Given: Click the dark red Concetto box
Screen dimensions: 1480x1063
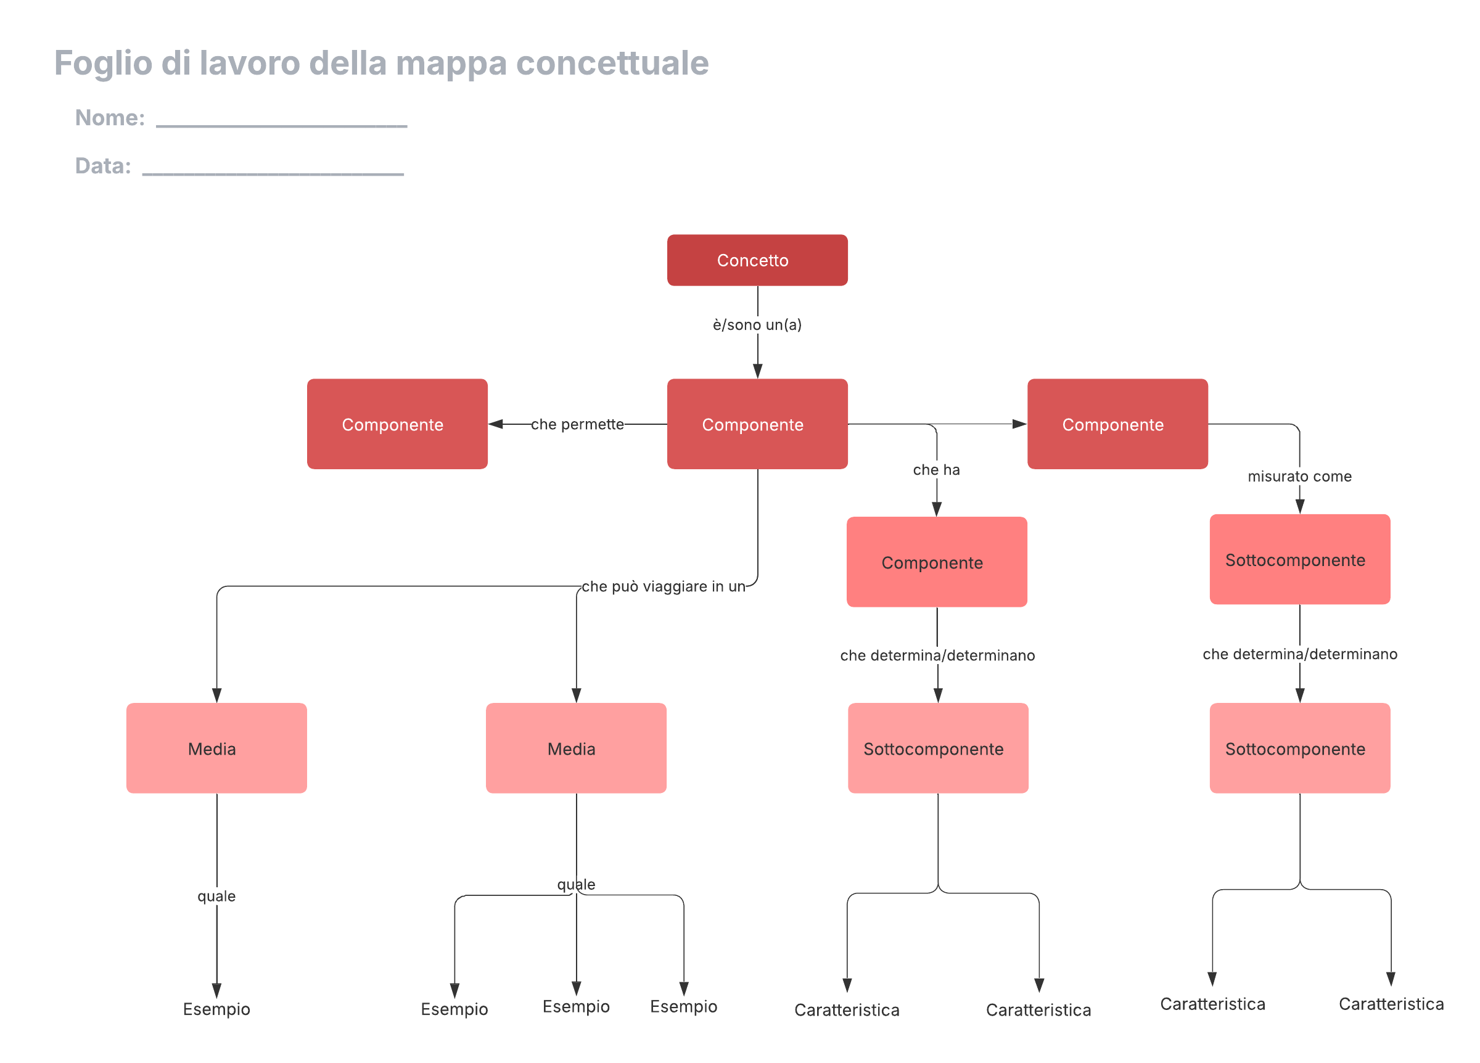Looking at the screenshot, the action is click(x=757, y=260).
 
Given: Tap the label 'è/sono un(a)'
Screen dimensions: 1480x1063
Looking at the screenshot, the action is click(x=757, y=324).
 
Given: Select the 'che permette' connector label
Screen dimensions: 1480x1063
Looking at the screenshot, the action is click(x=578, y=424).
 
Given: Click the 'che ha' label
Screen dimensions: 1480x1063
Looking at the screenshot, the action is click(x=937, y=470).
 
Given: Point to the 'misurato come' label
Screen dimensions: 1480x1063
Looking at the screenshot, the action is click(x=1299, y=477).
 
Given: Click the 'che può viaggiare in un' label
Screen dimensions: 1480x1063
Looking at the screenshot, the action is click(x=664, y=586).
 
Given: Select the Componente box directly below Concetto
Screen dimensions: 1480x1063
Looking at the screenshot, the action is click(x=757, y=424).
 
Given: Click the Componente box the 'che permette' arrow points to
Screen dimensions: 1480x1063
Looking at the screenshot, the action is click(x=397, y=424).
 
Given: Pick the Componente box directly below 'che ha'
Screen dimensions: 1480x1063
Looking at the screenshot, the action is click(x=937, y=562).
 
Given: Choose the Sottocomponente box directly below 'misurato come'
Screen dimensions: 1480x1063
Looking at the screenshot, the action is click(x=1299, y=559).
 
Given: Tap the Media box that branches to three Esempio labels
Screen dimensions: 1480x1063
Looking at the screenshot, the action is click(x=576, y=748).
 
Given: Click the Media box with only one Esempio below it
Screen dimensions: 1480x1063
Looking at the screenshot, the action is click(x=216, y=748).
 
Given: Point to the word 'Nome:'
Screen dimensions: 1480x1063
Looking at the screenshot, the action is click(x=110, y=117).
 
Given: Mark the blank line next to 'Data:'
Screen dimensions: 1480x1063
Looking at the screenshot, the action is click(x=273, y=174).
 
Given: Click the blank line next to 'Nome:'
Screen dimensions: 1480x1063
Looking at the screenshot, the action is click(x=282, y=126).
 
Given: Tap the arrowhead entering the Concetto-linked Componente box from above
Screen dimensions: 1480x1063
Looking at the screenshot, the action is click(x=757, y=371).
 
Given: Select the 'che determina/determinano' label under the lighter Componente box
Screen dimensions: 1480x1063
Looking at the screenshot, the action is click(x=937, y=655).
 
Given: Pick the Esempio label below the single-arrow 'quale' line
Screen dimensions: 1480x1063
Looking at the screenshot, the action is click(x=216, y=1009).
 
